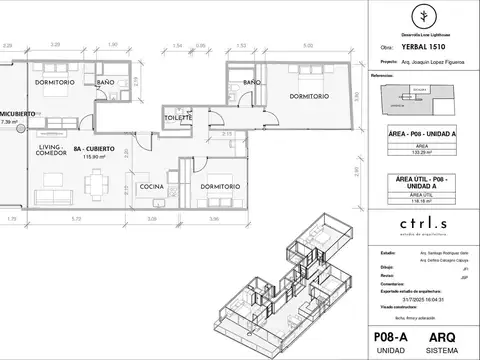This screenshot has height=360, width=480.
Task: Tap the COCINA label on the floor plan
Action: point(151,187)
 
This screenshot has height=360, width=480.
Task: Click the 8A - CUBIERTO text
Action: point(93,148)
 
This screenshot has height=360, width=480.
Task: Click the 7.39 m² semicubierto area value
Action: point(10,122)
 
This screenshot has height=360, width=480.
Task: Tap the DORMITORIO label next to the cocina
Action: point(218,187)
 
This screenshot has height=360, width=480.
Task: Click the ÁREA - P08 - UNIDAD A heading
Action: point(421,132)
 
